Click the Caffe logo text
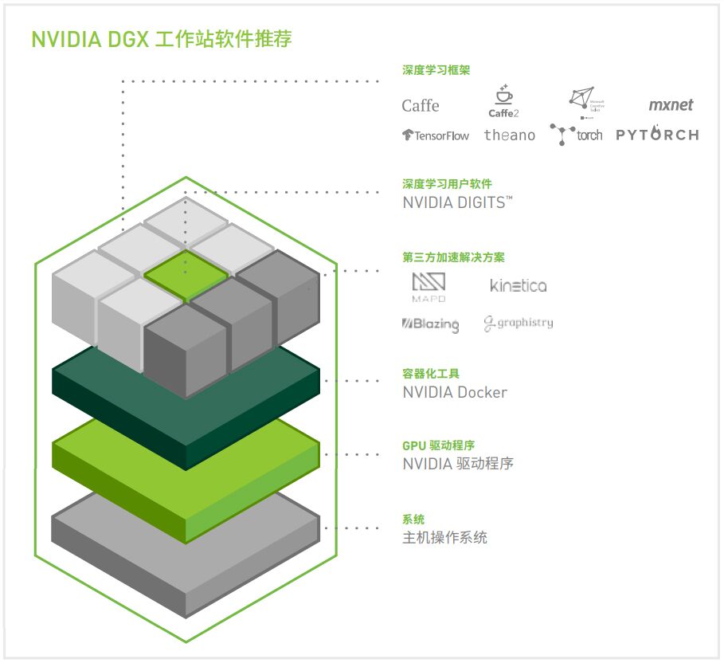coord(420,106)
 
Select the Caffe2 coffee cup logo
coord(503,102)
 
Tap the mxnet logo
coord(671,104)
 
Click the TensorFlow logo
coord(436,135)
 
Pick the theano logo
coord(510,135)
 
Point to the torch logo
coord(576,134)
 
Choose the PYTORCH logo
coord(657,134)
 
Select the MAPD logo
coord(429,287)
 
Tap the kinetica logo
coord(519,285)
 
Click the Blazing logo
coord(430,324)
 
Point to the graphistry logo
coord(519,324)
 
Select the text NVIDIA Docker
coord(455,392)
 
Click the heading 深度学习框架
coord(436,70)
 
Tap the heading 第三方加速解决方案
coord(453,257)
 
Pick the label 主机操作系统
coord(444,538)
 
